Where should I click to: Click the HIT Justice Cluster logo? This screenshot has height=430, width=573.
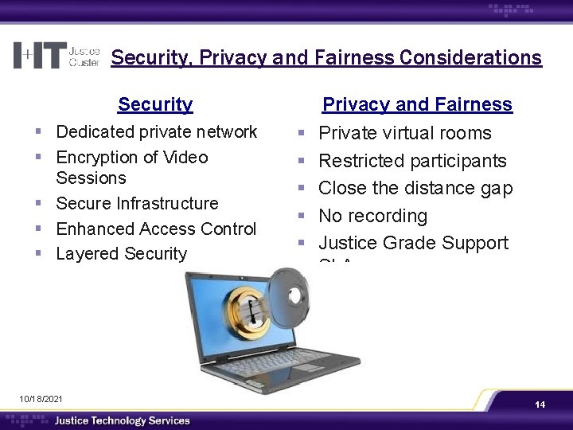(57, 55)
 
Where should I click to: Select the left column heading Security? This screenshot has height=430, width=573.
(155, 104)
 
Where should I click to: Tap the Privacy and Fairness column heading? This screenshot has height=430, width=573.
(417, 104)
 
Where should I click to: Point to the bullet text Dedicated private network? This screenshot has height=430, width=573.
(157, 131)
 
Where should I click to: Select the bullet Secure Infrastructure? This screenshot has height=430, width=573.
(137, 203)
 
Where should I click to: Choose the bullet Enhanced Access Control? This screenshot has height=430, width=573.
(156, 229)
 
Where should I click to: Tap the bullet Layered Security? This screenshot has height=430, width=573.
(121, 254)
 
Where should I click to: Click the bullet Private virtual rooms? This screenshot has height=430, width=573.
(405, 133)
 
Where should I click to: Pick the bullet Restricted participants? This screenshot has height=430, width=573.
(412, 161)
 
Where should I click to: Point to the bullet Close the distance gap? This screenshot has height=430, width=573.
(415, 188)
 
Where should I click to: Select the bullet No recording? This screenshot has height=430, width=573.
(372, 216)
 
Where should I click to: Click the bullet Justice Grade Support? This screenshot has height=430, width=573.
(413, 243)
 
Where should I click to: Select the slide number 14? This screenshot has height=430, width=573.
(540, 405)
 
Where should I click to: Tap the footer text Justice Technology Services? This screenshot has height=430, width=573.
(122, 420)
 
